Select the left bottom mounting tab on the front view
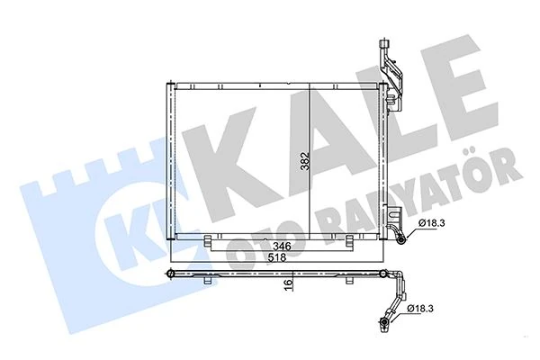[209, 242]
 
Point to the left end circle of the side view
[170, 271]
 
